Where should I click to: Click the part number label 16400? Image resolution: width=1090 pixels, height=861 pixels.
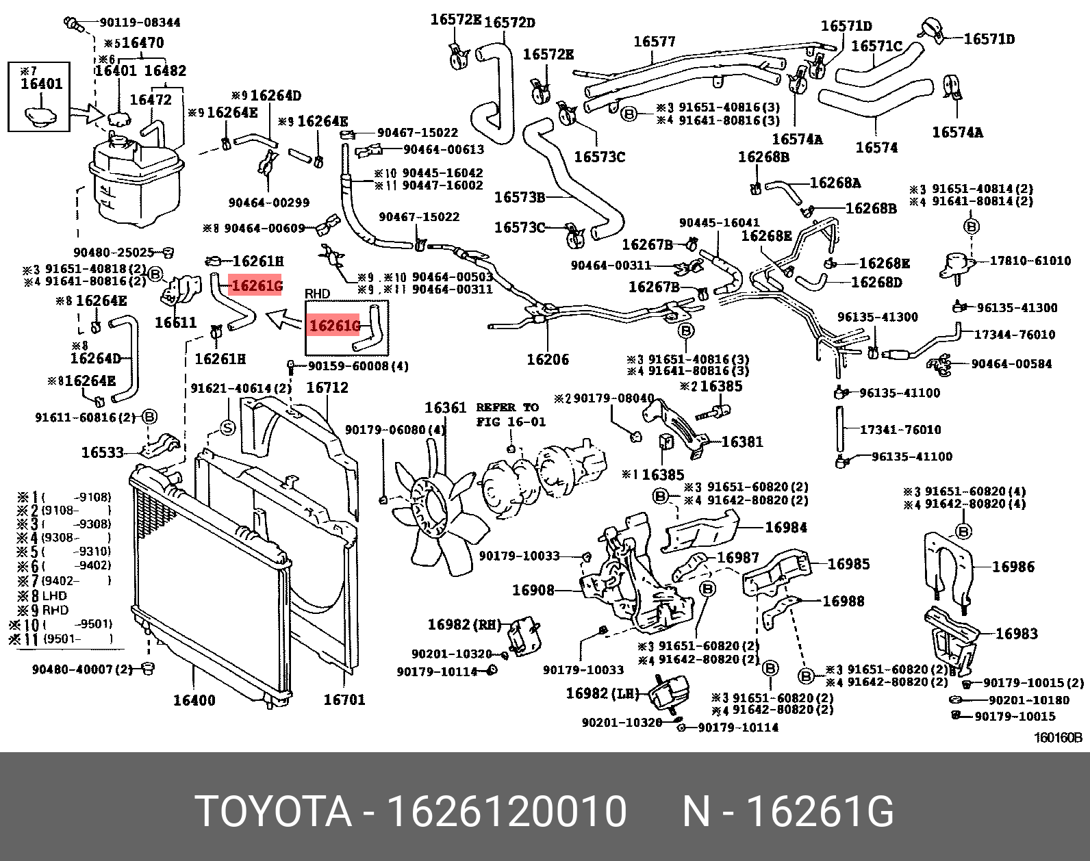coord(194,700)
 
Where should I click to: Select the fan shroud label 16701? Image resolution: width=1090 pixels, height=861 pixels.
coord(344,699)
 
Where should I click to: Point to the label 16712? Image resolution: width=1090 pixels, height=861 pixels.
coord(327,387)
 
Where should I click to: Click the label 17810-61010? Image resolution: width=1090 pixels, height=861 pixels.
coord(1030,261)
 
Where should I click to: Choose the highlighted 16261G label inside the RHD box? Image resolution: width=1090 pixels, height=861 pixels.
coord(334,326)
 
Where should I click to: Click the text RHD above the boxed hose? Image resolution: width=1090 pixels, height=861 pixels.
coord(317,294)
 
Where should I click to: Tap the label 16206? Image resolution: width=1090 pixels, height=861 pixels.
coord(548,359)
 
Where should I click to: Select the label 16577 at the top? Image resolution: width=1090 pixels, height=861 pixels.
coord(654,42)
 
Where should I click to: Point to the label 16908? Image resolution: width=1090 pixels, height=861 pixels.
coord(533,590)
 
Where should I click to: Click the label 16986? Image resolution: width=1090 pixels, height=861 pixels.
coord(1013,567)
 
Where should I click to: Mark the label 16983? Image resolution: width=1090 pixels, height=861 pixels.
coord(1016,634)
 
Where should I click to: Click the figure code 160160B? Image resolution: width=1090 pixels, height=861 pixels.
coord(1058,738)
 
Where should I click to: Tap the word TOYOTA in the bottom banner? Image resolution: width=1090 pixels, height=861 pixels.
coord(273,812)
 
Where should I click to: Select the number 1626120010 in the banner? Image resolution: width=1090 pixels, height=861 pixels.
coord(507,812)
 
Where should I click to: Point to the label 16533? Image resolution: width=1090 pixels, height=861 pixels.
coord(103,452)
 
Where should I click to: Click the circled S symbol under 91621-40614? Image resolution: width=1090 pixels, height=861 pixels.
coord(227,428)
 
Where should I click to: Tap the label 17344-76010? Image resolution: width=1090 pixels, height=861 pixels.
coord(1015,335)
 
